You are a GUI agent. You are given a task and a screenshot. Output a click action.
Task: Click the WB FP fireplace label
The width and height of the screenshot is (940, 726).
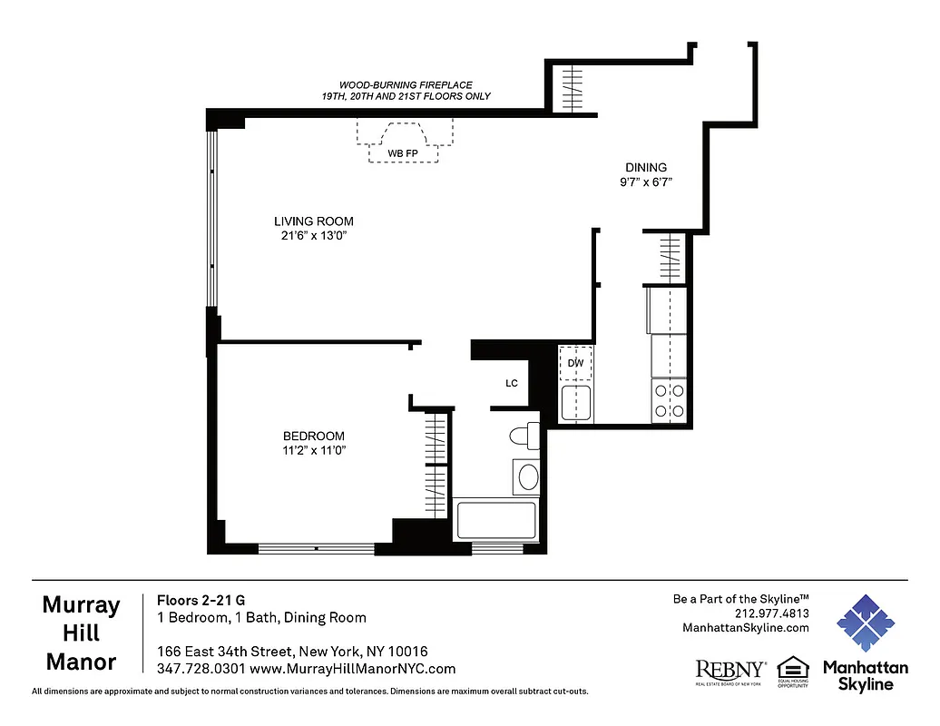tap(403, 152)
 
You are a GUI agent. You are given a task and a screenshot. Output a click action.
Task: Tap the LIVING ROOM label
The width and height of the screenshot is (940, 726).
tap(314, 221)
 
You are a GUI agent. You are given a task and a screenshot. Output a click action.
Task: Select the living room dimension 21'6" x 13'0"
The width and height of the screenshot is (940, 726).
tap(314, 236)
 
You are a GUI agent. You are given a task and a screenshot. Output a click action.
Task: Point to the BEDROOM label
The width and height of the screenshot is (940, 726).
tap(314, 436)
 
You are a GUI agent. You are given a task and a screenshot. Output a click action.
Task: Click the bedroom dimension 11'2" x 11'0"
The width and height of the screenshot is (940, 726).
tap(314, 450)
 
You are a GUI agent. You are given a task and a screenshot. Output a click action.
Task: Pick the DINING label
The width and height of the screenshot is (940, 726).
tap(646, 167)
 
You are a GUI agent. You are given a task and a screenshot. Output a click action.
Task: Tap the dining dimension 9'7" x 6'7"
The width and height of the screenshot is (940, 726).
tap(646, 182)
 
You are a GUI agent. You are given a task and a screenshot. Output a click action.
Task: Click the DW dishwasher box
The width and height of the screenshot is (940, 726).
tap(575, 364)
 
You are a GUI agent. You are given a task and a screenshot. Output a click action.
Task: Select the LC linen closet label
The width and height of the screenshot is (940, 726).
tap(512, 384)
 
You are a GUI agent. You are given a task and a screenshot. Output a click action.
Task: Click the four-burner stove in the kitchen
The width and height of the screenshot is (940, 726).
tap(669, 401)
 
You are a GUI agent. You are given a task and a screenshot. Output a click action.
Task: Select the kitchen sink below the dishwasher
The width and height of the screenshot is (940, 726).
tap(575, 402)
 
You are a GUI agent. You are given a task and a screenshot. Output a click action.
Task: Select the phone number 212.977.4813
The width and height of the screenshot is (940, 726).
tap(772, 613)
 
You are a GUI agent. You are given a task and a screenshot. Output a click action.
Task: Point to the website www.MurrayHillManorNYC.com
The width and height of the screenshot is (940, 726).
tap(352, 669)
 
